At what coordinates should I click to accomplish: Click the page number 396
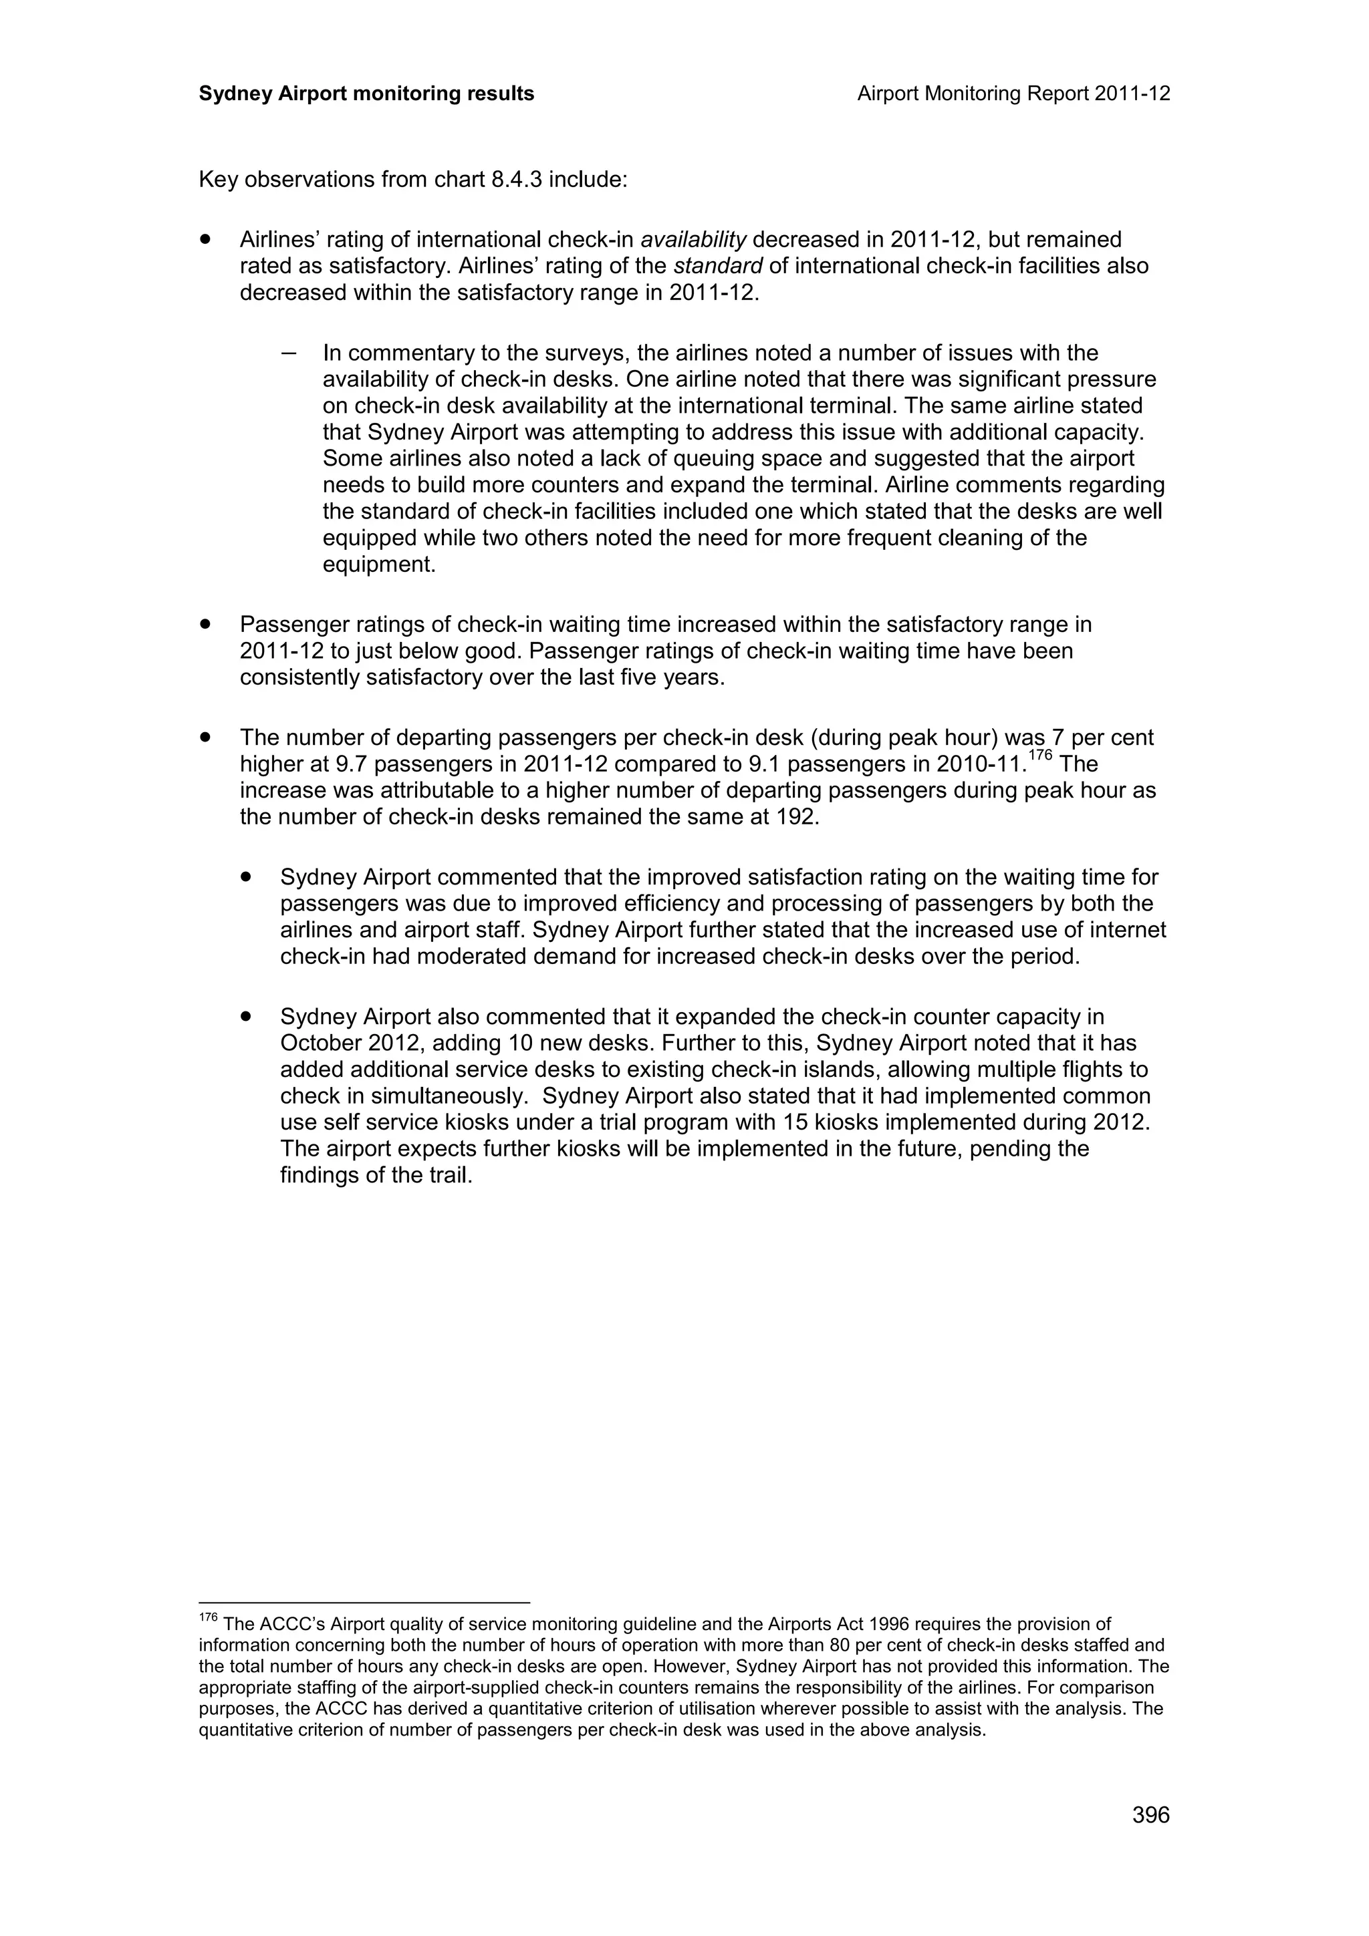(1150, 1838)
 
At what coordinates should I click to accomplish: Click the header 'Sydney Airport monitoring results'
(366, 94)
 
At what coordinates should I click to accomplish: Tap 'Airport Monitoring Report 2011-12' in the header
(1013, 94)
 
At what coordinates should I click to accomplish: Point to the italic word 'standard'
(718, 267)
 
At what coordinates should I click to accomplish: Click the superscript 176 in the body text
(1040, 756)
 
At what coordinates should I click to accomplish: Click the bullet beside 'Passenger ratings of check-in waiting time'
(205, 624)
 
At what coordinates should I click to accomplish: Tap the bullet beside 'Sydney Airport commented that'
(246, 877)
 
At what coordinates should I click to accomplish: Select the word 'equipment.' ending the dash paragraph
(379, 565)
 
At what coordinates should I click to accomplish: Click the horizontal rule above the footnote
(364, 1602)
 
